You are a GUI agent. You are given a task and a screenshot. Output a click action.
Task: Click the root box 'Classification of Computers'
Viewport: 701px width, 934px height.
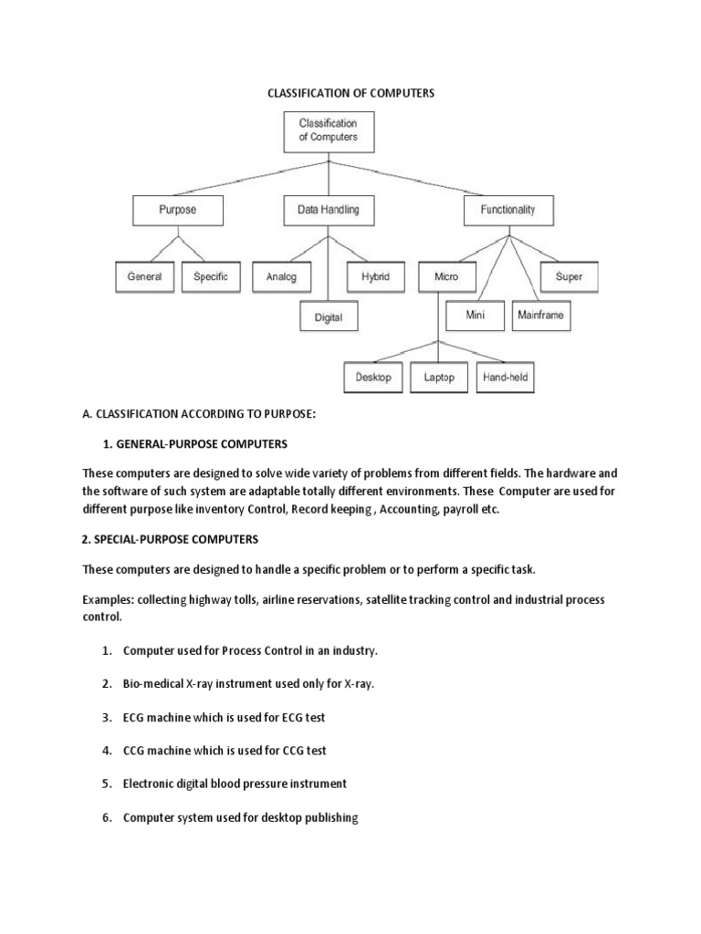[x=329, y=130]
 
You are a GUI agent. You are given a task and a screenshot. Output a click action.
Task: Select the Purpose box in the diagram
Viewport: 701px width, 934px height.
[x=178, y=210]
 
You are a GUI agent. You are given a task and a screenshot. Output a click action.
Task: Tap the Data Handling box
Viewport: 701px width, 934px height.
[x=329, y=210]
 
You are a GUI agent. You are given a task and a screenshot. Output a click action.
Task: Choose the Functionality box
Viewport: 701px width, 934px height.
[x=507, y=210]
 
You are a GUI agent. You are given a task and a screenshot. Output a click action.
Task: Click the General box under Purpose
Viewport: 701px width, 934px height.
[x=145, y=276]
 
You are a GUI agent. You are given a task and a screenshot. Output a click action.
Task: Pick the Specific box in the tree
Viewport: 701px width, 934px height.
[x=211, y=276]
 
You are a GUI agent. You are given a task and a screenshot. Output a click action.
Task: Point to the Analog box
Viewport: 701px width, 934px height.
[x=281, y=277]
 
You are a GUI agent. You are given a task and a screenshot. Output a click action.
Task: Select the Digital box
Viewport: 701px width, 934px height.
[x=329, y=317]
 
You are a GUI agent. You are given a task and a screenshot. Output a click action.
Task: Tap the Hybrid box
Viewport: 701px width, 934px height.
[x=375, y=276]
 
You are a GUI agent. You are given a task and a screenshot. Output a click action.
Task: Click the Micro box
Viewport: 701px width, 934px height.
[x=447, y=277]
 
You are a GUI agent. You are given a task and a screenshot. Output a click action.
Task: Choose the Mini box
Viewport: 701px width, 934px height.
[x=475, y=317]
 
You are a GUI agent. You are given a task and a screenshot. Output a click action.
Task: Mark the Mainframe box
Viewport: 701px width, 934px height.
[x=540, y=317]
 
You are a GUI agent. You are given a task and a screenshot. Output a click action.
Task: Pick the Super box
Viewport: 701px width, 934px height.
[x=569, y=276]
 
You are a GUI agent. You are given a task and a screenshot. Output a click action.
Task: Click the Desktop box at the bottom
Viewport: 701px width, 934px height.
[x=374, y=378]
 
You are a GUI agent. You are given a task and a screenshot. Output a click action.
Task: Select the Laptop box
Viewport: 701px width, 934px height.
[x=439, y=378]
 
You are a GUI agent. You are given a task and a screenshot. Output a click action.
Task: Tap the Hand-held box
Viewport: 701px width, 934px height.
[x=506, y=378]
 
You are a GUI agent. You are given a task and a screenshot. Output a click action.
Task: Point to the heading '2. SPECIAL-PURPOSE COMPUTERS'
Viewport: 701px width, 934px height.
[x=171, y=539]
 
